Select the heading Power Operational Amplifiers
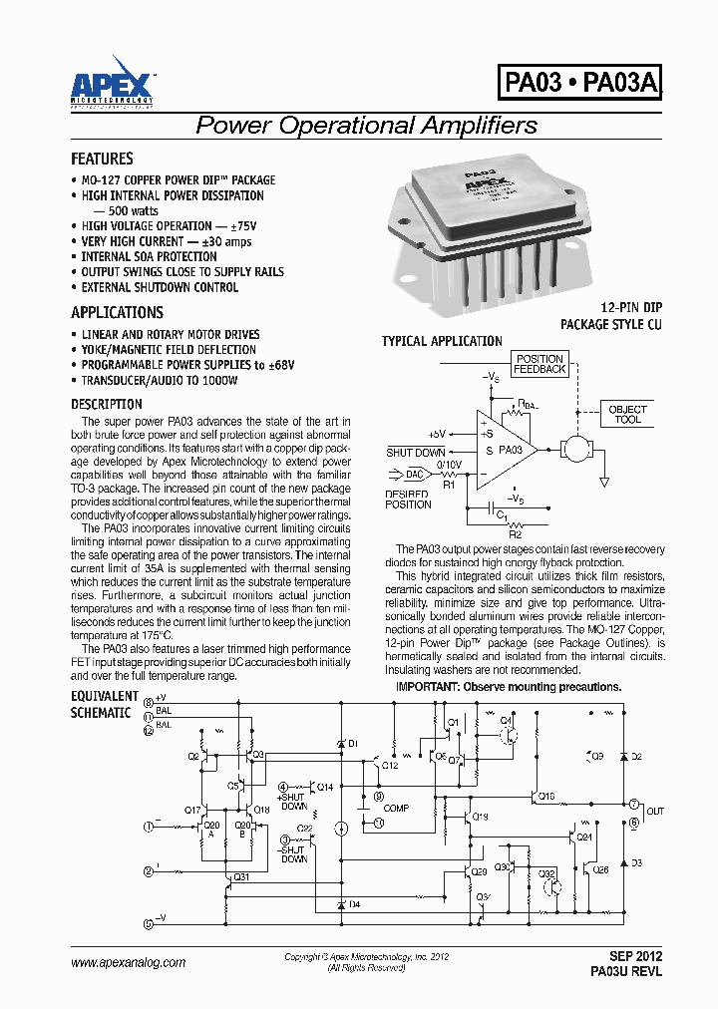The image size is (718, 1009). point(366,126)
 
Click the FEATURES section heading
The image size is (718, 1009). point(102,159)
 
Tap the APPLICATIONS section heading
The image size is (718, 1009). point(117,312)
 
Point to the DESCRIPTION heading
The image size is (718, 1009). point(107,404)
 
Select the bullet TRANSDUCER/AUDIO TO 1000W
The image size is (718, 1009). point(160,381)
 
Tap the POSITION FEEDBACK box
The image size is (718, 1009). point(539,364)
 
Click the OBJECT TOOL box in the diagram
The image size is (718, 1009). point(627,414)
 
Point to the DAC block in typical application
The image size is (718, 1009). point(414,475)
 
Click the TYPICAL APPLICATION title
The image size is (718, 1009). point(442,341)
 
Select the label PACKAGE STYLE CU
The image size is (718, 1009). point(610,325)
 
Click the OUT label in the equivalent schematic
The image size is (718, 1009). point(654,812)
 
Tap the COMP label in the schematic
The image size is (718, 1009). point(396,809)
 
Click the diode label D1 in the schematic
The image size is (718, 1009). point(353,744)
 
